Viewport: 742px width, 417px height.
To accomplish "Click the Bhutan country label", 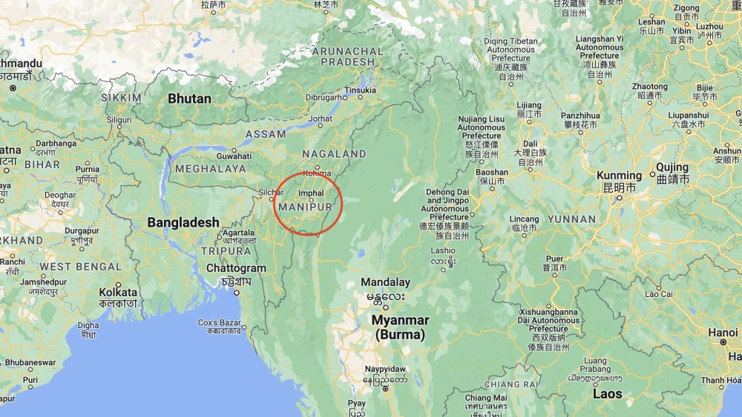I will click(189, 99).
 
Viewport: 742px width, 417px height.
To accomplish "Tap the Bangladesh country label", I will click(183, 222).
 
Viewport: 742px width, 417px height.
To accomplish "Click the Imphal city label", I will click(312, 193).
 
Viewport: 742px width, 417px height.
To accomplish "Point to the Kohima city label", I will click(317, 173).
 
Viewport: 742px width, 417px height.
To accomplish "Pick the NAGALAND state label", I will click(334, 154).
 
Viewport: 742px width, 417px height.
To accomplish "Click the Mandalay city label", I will click(385, 282).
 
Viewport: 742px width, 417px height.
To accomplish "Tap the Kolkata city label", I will click(118, 293).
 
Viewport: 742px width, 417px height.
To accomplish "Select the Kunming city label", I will click(619, 176).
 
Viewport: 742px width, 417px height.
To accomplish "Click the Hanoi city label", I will click(723, 333).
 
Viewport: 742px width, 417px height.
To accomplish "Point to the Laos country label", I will click(607, 394).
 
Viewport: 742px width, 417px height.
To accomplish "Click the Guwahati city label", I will click(234, 156).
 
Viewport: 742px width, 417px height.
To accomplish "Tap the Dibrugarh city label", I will click(326, 97).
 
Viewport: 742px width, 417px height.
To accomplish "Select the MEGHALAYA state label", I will click(210, 169).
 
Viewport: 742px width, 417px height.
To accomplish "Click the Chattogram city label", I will click(236, 268).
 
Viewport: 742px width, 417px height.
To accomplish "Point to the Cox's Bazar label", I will click(220, 323).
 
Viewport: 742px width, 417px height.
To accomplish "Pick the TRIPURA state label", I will click(226, 251).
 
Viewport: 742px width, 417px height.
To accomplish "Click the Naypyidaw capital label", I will click(385, 368).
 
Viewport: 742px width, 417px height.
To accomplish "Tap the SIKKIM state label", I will click(121, 98).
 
